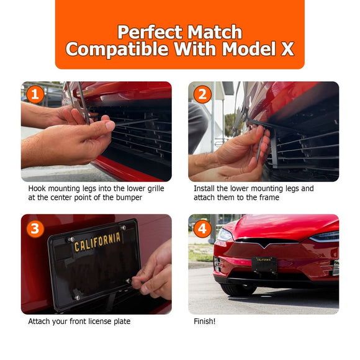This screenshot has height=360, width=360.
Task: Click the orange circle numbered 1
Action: click(x=35, y=94)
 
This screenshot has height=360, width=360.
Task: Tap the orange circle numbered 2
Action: click(x=202, y=94)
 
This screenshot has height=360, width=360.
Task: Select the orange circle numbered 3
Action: click(x=35, y=228)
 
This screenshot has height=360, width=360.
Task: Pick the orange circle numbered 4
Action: click(x=202, y=228)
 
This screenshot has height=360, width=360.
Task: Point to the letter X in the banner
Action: click(x=287, y=48)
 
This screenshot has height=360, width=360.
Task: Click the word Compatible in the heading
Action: click(x=117, y=50)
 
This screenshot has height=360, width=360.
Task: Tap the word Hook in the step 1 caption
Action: click(x=37, y=189)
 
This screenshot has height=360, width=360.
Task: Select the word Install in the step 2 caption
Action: click(x=204, y=189)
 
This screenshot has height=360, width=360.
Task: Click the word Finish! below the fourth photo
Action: click(x=205, y=321)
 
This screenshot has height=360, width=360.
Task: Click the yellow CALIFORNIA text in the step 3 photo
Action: click(x=97, y=242)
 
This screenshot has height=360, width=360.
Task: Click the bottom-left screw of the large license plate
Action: click(x=78, y=297)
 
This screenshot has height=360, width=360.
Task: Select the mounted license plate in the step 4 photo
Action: click(x=264, y=264)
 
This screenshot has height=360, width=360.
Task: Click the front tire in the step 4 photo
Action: click(x=238, y=289)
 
